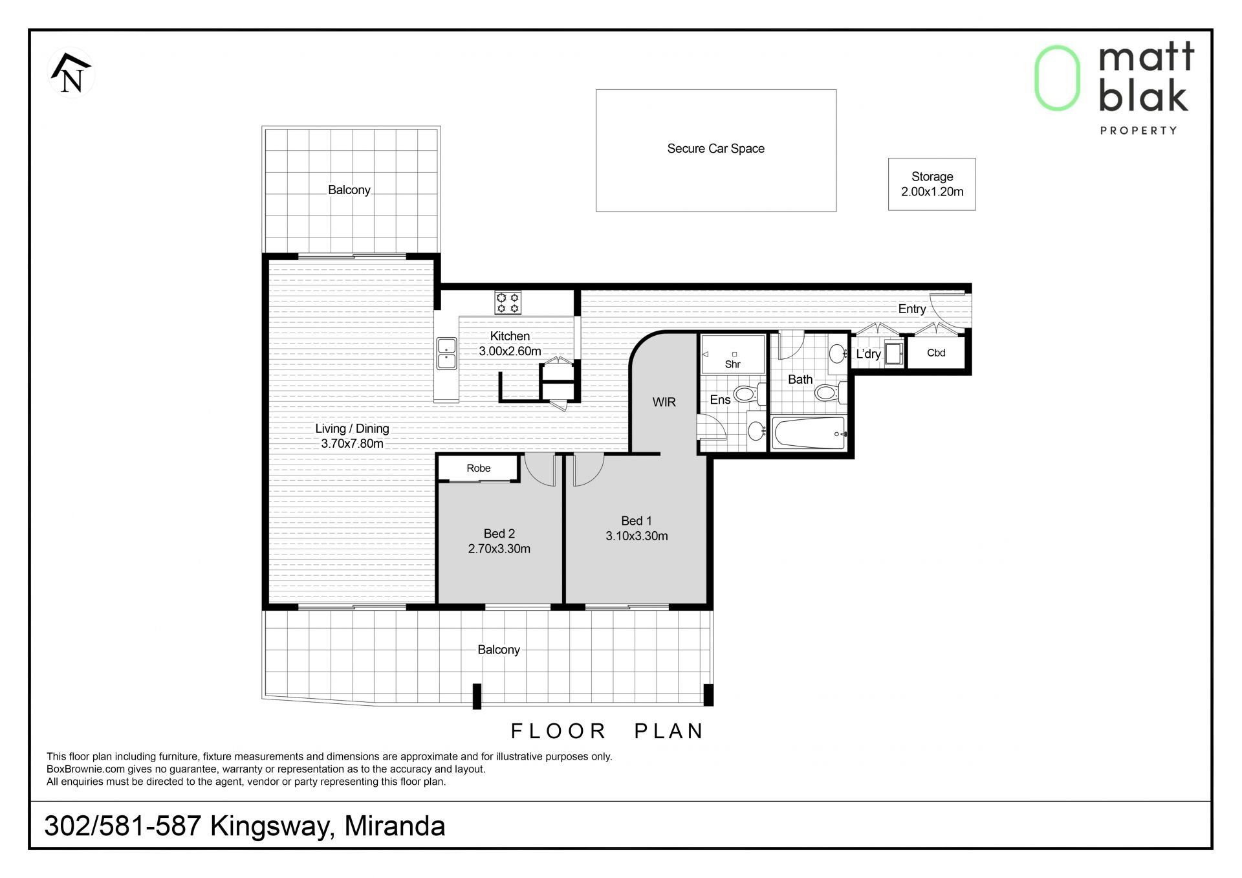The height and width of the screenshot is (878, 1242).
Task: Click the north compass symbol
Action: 71,73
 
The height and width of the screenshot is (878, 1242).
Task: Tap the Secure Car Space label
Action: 715,149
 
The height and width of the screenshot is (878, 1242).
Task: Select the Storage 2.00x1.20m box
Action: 931,184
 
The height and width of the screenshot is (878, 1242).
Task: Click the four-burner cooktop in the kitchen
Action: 508,303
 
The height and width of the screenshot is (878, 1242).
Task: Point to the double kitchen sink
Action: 446,353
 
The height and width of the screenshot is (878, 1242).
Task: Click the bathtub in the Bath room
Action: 809,433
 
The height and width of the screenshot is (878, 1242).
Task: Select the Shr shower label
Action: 732,364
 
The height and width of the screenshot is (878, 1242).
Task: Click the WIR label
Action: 664,402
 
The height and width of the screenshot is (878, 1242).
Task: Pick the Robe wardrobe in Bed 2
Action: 479,468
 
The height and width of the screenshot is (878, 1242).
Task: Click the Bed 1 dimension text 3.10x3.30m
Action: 637,536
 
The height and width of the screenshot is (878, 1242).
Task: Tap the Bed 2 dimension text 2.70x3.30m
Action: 499,549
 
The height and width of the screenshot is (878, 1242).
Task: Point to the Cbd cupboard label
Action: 936,353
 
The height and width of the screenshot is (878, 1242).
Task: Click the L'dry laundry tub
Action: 894,353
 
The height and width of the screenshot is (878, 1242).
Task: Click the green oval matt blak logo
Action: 1057,78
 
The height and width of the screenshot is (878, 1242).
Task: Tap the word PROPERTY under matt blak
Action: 1138,131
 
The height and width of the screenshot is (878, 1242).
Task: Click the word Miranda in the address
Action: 395,826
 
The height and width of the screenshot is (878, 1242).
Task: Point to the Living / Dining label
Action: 352,428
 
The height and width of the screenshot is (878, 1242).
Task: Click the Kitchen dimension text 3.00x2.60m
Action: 510,351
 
